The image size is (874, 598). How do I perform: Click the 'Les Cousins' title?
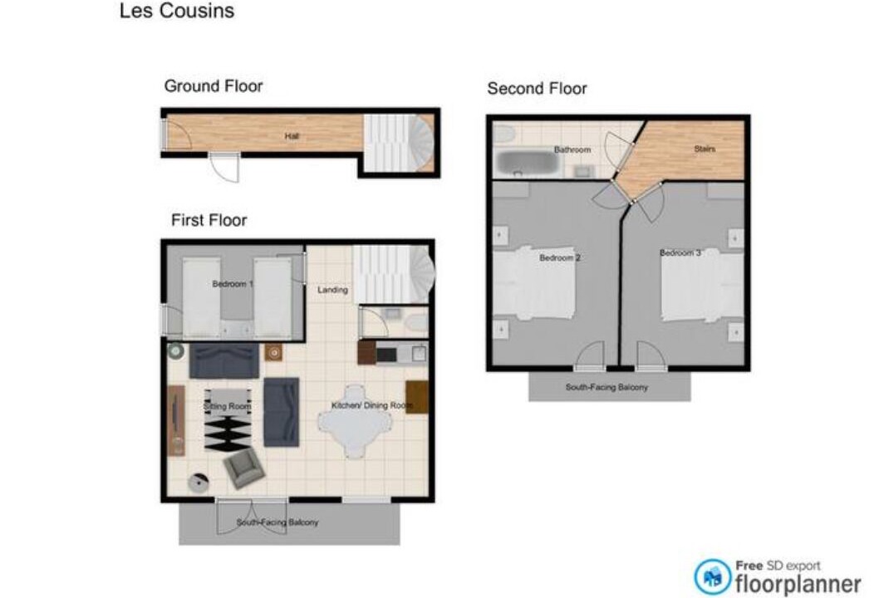(x=177, y=11)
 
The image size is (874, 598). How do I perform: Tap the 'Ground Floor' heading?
(x=214, y=86)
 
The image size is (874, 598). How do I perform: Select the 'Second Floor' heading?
(x=538, y=88)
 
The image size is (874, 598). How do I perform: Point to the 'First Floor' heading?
(x=209, y=220)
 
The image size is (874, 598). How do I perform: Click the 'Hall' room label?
(x=292, y=136)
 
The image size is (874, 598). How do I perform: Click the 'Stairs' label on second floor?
(x=705, y=149)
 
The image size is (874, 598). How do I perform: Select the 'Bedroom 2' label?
(x=560, y=258)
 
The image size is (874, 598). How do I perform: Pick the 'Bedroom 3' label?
(x=680, y=252)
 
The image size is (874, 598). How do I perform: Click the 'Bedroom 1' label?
(x=233, y=284)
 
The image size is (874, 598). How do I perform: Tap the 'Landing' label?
(x=333, y=290)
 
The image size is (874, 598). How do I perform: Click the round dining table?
(x=355, y=421)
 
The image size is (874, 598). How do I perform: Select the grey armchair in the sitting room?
(x=244, y=468)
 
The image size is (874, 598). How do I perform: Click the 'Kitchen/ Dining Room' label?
(x=372, y=405)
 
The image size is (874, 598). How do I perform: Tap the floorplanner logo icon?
(x=712, y=577)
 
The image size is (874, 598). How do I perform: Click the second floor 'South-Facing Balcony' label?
(x=607, y=387)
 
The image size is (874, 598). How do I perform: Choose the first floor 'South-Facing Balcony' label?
(x=277, y=522)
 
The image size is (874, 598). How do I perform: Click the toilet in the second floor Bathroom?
(x=505, y=134)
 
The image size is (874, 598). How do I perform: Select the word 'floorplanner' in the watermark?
(x=798, y=584)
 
